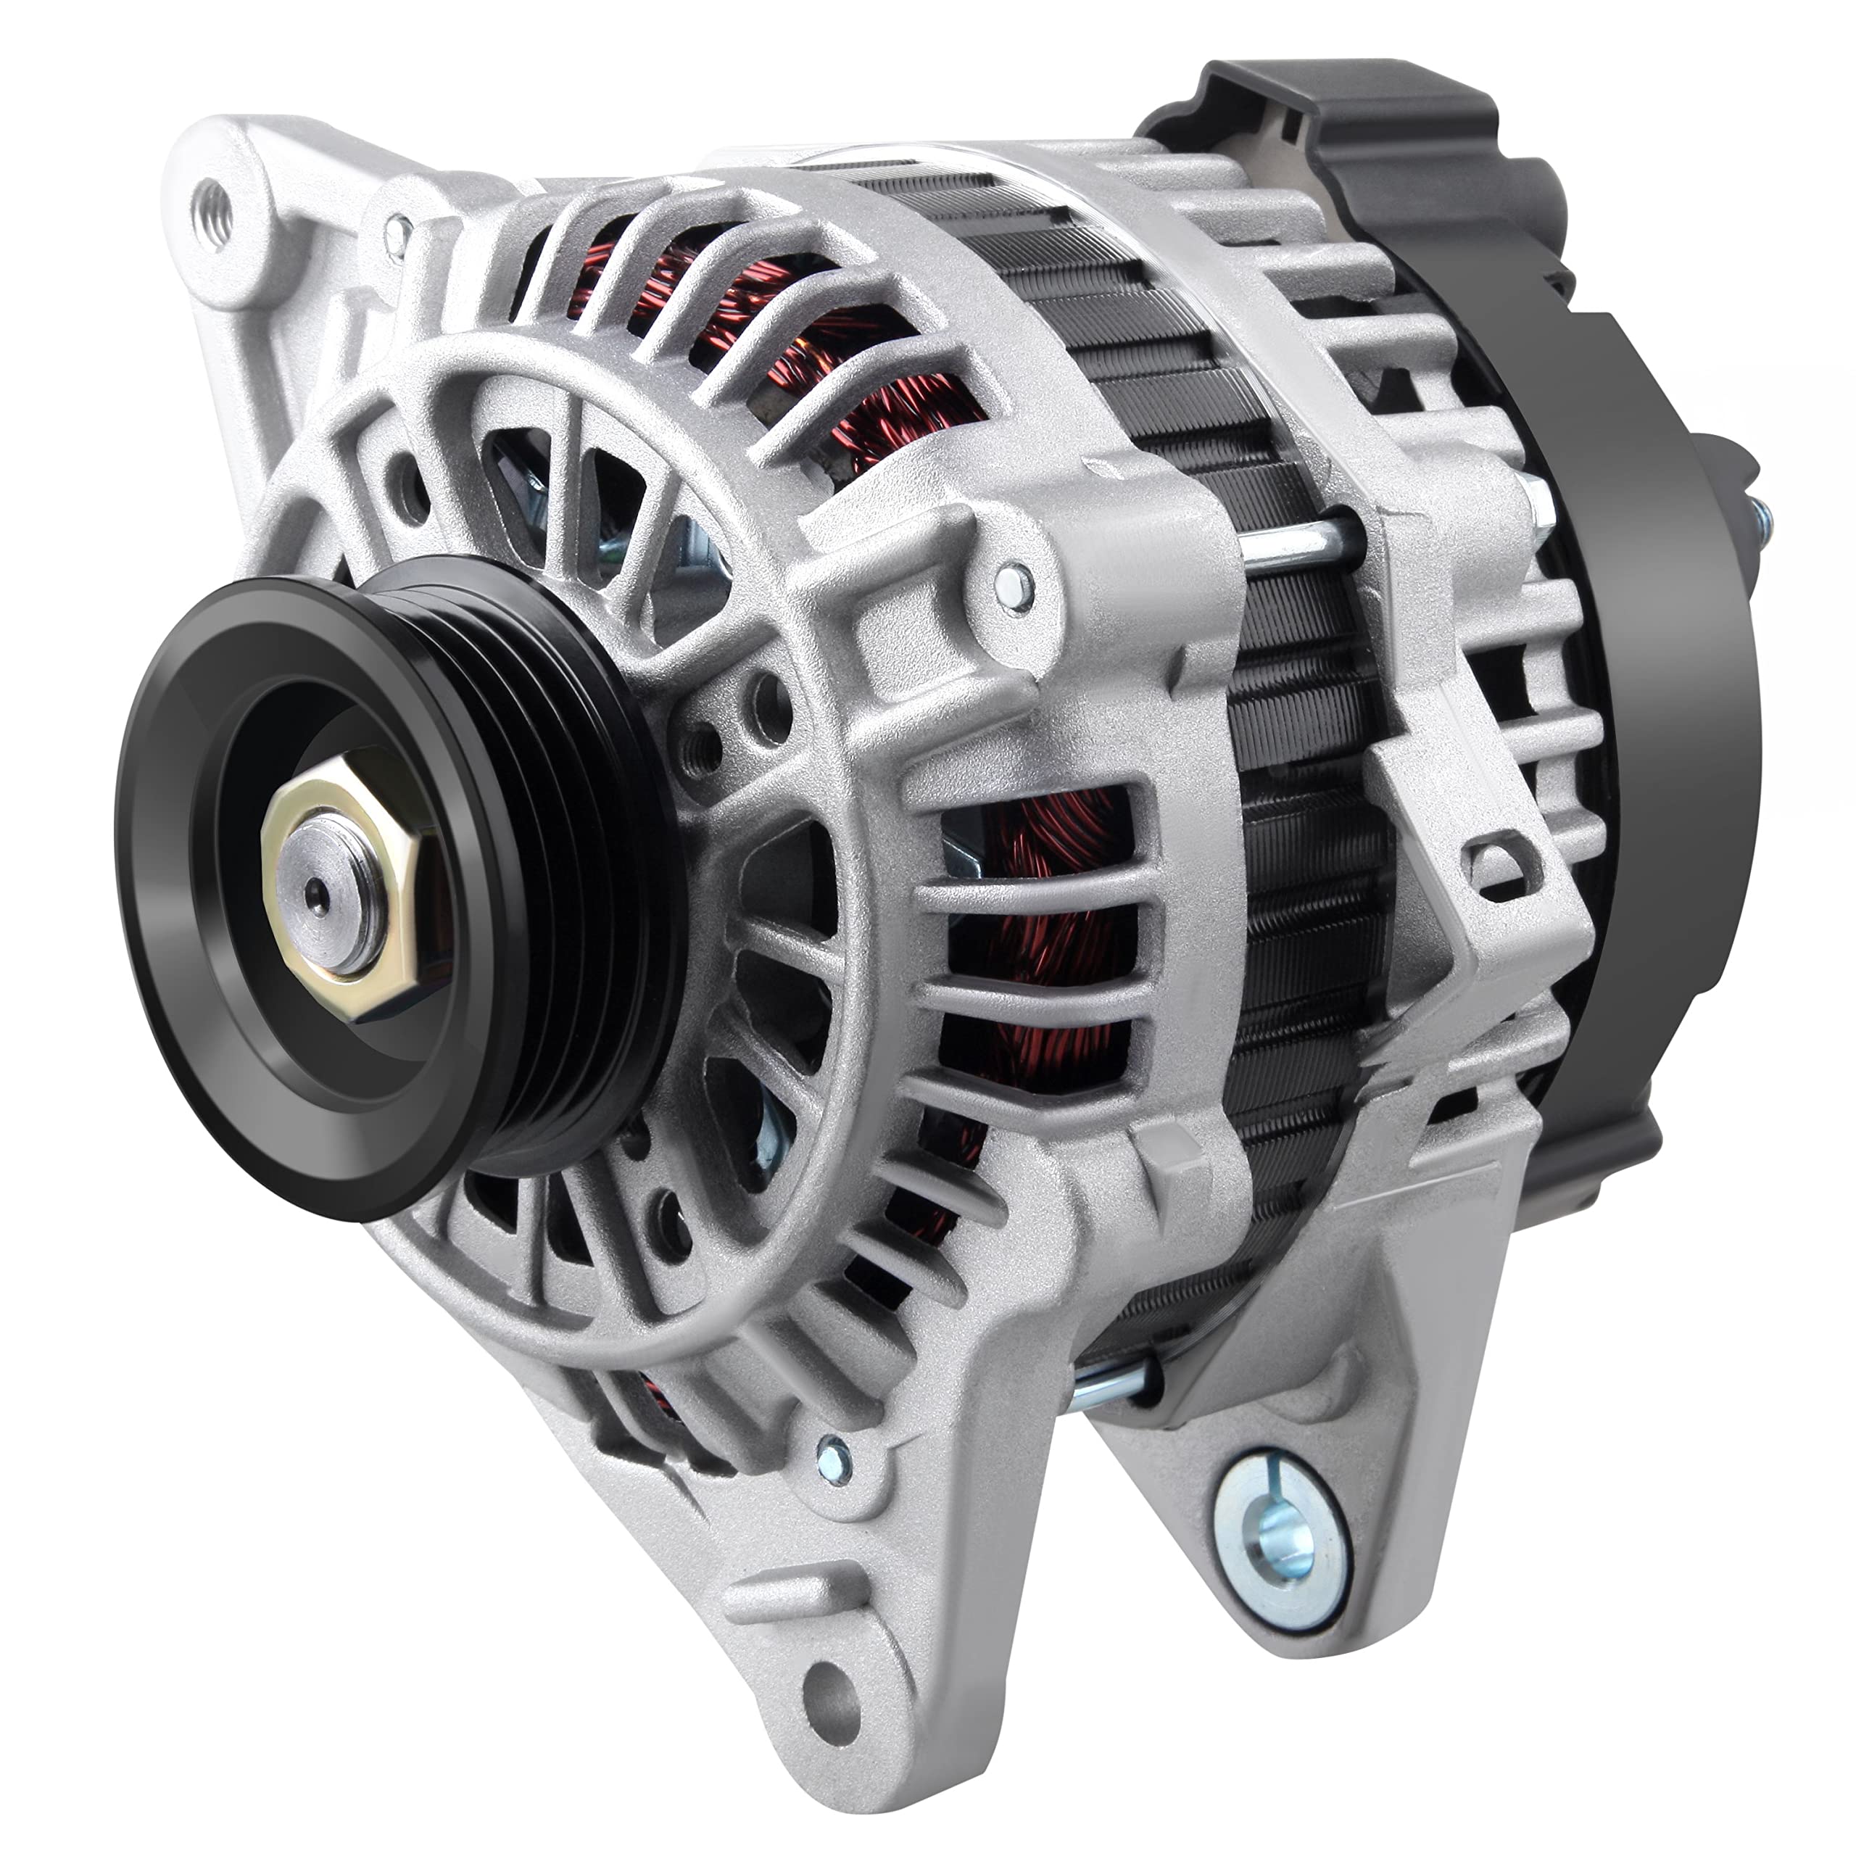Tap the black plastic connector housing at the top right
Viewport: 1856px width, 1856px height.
click(x=1345, y=144)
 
